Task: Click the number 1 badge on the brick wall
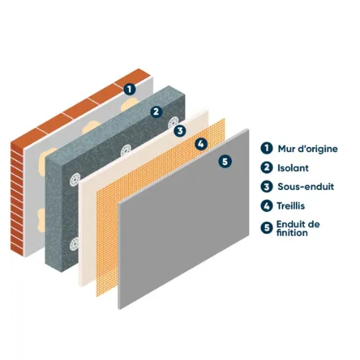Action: click(130, 89)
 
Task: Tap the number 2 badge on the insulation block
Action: click(156, 112)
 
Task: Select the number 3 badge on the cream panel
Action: click(180, 131)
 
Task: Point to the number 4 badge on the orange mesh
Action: click(201, 144)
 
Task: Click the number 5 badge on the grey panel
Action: click(225, 161)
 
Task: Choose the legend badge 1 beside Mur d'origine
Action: click(266, 148)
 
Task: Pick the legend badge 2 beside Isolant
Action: click(266, 167)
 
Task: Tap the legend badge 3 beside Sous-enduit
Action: click(266, 186)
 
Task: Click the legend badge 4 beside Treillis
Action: click(266, 206)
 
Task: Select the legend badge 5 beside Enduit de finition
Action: click(266, 228)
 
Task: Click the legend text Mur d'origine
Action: click(307, 149)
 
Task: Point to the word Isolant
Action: click(293, 168)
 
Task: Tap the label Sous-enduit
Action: click(306, 186)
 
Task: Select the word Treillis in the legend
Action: click(291, 206)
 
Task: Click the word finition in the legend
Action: click(292, 233)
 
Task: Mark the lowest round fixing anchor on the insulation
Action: click(74, 244)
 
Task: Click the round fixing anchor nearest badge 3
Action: click(174, 122)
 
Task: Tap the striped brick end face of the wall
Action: click(17, 199)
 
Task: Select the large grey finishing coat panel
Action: click(184, 219)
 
